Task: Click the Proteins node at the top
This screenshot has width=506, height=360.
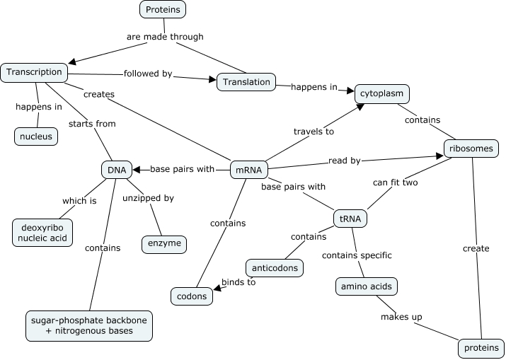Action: click(163, 9)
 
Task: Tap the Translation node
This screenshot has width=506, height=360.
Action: click(246, 82)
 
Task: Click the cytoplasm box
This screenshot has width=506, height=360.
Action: click(382, 93)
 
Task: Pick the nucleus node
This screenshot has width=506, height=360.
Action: click(35, 137)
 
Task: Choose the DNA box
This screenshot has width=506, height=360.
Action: click(116, 170)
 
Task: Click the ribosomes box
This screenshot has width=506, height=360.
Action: click(471, 149)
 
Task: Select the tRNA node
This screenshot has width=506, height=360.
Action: click(350, 219)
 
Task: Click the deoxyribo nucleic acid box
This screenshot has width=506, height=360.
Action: click(42, 232)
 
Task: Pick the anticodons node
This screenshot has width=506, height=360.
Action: click(275, 269)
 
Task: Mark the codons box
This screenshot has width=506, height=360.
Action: click(192, 296)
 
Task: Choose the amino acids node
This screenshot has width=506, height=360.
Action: click(366, 286)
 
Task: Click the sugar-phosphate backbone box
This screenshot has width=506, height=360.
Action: click(89, 325)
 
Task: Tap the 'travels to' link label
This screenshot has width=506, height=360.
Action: click(314, 131)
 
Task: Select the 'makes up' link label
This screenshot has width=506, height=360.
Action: click(401, 316)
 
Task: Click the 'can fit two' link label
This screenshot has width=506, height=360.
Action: click(396, 182)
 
